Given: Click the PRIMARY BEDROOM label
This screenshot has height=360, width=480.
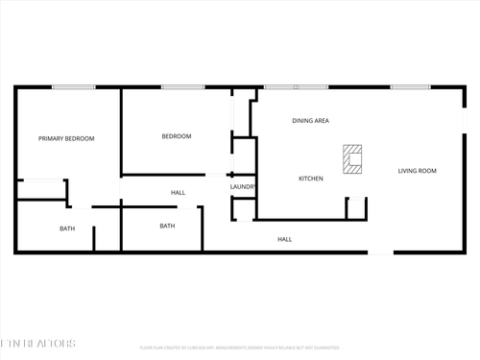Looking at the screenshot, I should [x=66, y=139].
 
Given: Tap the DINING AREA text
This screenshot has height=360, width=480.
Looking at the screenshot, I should [x=311, y=121].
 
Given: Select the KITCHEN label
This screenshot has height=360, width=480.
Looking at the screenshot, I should [x=310, y=179].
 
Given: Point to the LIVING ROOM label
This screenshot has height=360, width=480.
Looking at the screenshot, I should [x=418, y=171].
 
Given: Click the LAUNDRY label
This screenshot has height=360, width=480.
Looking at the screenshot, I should [x=242, y=187].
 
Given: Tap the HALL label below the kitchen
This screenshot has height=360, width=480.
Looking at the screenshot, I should [x=285, y=239].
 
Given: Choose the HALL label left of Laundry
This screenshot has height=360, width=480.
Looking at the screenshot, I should [x=179, y=193].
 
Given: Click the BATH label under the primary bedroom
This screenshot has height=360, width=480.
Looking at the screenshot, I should [x=67, y=228].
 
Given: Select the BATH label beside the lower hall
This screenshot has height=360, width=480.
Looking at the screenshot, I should [x=167, y=227].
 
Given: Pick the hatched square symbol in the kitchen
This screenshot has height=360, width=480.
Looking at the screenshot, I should [x=353, y=159].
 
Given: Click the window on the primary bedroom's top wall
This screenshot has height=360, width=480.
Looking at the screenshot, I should [x=66, y=88].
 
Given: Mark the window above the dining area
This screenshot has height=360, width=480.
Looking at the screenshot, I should [x=296, y=87].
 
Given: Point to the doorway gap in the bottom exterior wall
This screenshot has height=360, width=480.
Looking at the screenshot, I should [x=381, y=253].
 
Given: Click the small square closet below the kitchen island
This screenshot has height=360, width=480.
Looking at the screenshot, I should [x=356, y=207].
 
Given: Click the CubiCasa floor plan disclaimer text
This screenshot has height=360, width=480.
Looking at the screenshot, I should [x=239, y=348].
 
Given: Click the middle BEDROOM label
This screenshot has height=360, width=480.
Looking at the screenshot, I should [x=177, y=136].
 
